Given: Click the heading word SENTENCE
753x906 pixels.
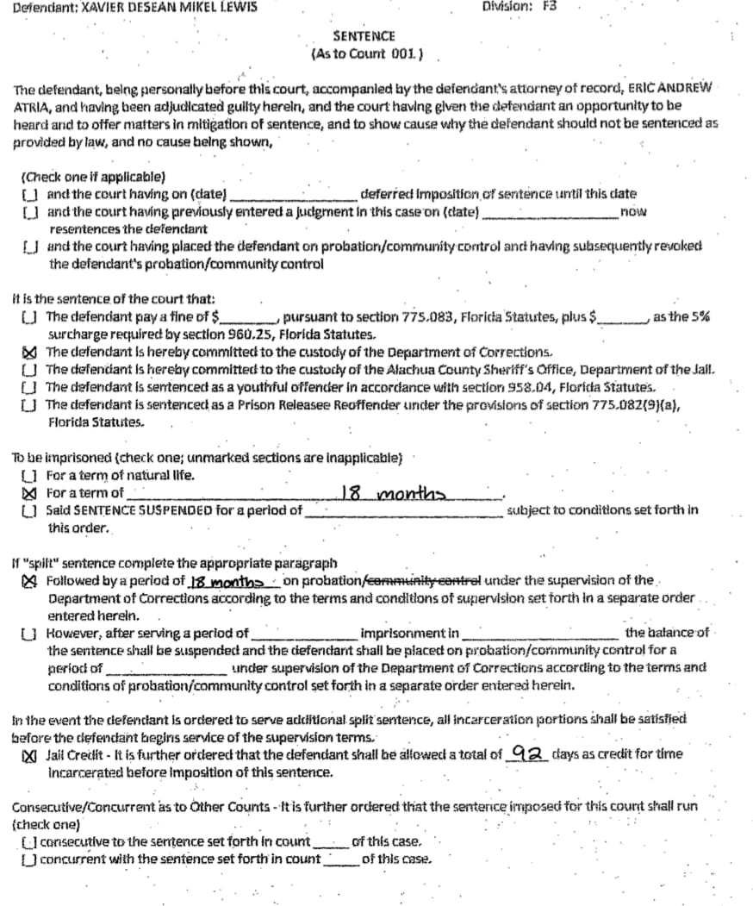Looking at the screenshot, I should [364, 36].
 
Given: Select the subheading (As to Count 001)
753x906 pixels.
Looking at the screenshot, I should [365, 53].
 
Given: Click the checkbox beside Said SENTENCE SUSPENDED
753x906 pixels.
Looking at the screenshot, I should [28, 510].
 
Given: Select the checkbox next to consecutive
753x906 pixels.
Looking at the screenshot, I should [30, 841].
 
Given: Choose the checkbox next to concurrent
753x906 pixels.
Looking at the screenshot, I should [30, 859].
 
